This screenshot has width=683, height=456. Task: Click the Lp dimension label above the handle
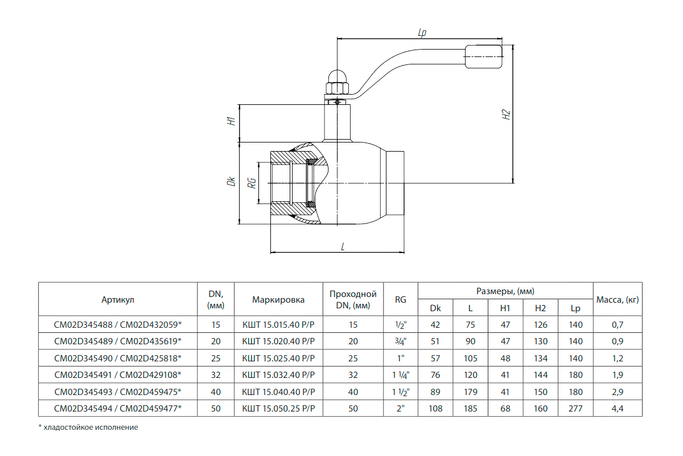422,32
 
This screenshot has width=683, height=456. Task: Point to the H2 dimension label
506,115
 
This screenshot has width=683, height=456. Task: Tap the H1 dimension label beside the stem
232,121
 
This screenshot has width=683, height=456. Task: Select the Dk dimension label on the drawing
232,181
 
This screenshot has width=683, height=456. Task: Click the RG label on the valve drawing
252,183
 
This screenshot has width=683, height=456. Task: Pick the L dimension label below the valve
343,246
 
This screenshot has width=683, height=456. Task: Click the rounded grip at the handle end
484,56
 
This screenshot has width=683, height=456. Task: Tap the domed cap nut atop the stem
337,82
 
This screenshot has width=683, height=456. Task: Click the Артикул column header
118,300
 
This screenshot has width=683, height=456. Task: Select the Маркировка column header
278,300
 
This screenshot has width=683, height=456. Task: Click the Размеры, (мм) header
505,291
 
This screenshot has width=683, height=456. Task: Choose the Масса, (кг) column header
618,300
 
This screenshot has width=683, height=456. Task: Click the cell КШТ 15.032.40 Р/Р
278,374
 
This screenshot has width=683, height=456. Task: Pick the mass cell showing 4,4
618,408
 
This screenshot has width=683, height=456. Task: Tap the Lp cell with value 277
575,408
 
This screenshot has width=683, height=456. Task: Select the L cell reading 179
471,392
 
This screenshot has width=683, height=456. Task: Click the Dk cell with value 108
435,408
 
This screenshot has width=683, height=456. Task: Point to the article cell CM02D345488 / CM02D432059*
118,324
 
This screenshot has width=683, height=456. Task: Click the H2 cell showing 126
541,324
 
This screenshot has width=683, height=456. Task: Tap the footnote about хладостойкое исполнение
88,427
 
